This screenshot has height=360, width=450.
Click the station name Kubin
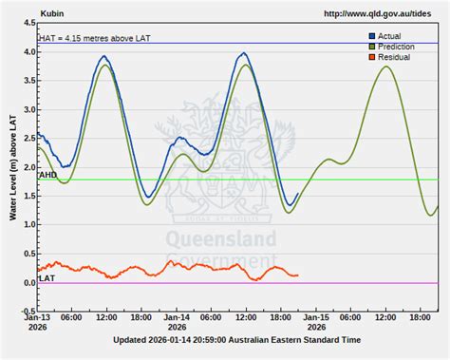point(53,14)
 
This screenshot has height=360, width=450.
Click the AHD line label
point(47,176)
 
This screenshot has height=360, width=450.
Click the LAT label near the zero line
point(46,278)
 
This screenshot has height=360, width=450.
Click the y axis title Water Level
point(13,167)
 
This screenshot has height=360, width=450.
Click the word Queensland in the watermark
point(221,238)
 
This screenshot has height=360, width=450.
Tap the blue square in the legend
point(372,36)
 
